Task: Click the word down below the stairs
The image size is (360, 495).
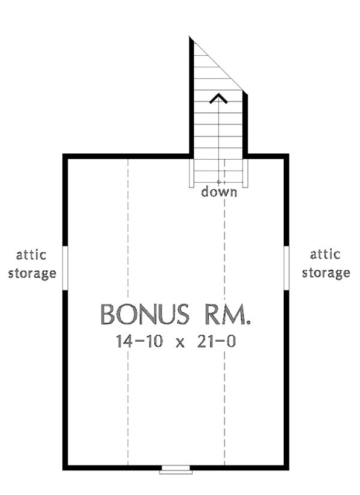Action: (219, 193)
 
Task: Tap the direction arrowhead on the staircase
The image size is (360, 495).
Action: (220, 97)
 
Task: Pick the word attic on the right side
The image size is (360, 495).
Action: (326, 254)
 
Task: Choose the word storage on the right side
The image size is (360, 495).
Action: (326, 273)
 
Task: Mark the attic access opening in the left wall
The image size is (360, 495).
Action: (65, 268)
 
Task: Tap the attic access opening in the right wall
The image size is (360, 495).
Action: (287, 268)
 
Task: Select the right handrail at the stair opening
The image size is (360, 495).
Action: (246, 172)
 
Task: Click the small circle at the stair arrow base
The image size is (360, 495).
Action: (219, 181)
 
